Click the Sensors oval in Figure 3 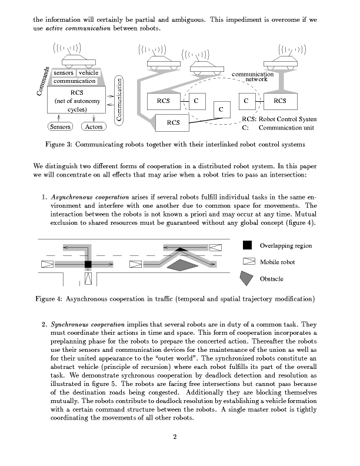(59, 127)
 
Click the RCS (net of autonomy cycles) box (76, 101)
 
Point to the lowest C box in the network (221, 109)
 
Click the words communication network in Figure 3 (253, 76)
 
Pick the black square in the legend (248, 245)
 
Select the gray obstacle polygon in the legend (248, 278)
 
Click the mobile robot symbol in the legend (248, 262)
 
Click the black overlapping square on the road (88, 265)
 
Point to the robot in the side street (88, 278)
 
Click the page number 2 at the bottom (175, 437)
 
